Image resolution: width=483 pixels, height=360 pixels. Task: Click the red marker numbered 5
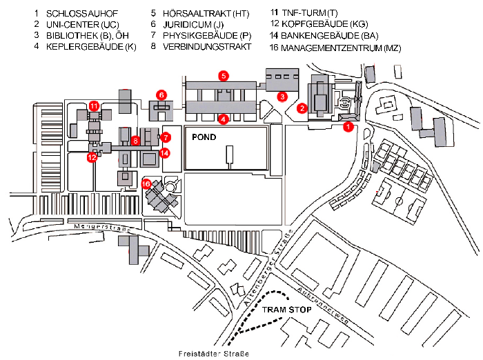click(x=224, y=75)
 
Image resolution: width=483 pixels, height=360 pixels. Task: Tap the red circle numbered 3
click(x=282, y=97)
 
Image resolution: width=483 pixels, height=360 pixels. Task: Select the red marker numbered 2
click(x=302, y=108)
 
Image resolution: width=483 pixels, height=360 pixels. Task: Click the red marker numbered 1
click(x=348, y=126)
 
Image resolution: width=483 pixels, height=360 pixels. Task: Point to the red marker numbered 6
click(x=161, y=95)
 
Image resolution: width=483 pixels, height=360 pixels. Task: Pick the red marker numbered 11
click(x=94, y=106)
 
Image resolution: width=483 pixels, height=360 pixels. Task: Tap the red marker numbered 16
click(x=146, y=184)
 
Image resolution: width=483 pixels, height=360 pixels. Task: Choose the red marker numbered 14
click(x=165, y=152)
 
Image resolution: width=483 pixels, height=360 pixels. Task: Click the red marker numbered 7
click(x=166, y=137)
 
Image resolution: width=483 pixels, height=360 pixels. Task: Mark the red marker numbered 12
click(x=92, y=157)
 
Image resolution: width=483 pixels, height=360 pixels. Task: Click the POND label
click(x=204, y=137)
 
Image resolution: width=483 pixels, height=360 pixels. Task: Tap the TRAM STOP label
click(x=287, y=310)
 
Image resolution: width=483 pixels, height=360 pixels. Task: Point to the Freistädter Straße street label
click(x=214, y=354)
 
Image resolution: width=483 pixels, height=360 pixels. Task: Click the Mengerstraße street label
click(x=102, y=227)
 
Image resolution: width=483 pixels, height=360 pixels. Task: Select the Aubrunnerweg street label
click(x=323, y=306)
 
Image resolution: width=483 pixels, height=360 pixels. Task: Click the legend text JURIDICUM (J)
click(x=193, y=25)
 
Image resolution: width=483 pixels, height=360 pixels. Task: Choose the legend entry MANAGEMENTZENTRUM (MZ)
click(x=341, y=48)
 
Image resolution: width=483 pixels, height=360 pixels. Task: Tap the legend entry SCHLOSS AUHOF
click(x=82, y=14)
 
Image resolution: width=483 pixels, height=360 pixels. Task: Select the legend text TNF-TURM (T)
click(x=310, y=13)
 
